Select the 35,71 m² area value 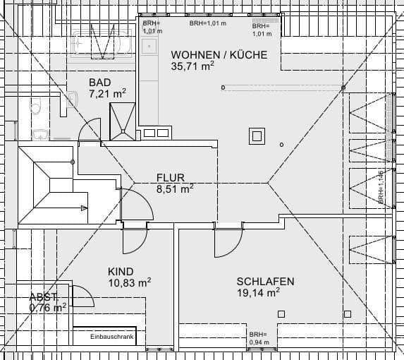point(192,66)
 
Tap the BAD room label point(99,82)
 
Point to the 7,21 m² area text point(107,92)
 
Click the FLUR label point(171,178)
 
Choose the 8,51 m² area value point(174,188)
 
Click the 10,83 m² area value point(129,282)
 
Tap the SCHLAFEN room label point(265,281)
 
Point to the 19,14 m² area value point(258,292)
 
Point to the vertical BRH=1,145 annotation point(380,187)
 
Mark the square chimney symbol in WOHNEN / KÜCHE point(255,135)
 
